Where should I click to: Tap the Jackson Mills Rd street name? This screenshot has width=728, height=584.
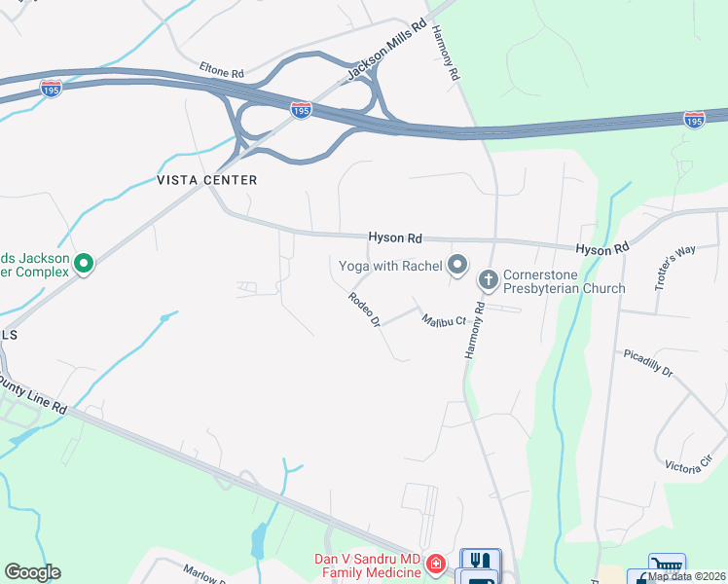(386, 48)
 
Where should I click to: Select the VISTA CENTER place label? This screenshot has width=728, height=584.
(207, 180)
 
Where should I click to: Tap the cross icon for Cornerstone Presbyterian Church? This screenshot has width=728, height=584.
(488, 280)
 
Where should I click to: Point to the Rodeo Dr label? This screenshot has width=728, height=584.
(362, 310)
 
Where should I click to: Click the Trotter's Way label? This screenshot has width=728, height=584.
(674, 264)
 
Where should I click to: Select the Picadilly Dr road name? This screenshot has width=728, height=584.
(648, 362)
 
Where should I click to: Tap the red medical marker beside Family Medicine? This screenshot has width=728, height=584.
(436, 564)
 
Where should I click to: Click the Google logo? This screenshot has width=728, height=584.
(32, 572)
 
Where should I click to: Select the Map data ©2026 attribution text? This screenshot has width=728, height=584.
(686, 576)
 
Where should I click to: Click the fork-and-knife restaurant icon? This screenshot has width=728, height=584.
(480, 561)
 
